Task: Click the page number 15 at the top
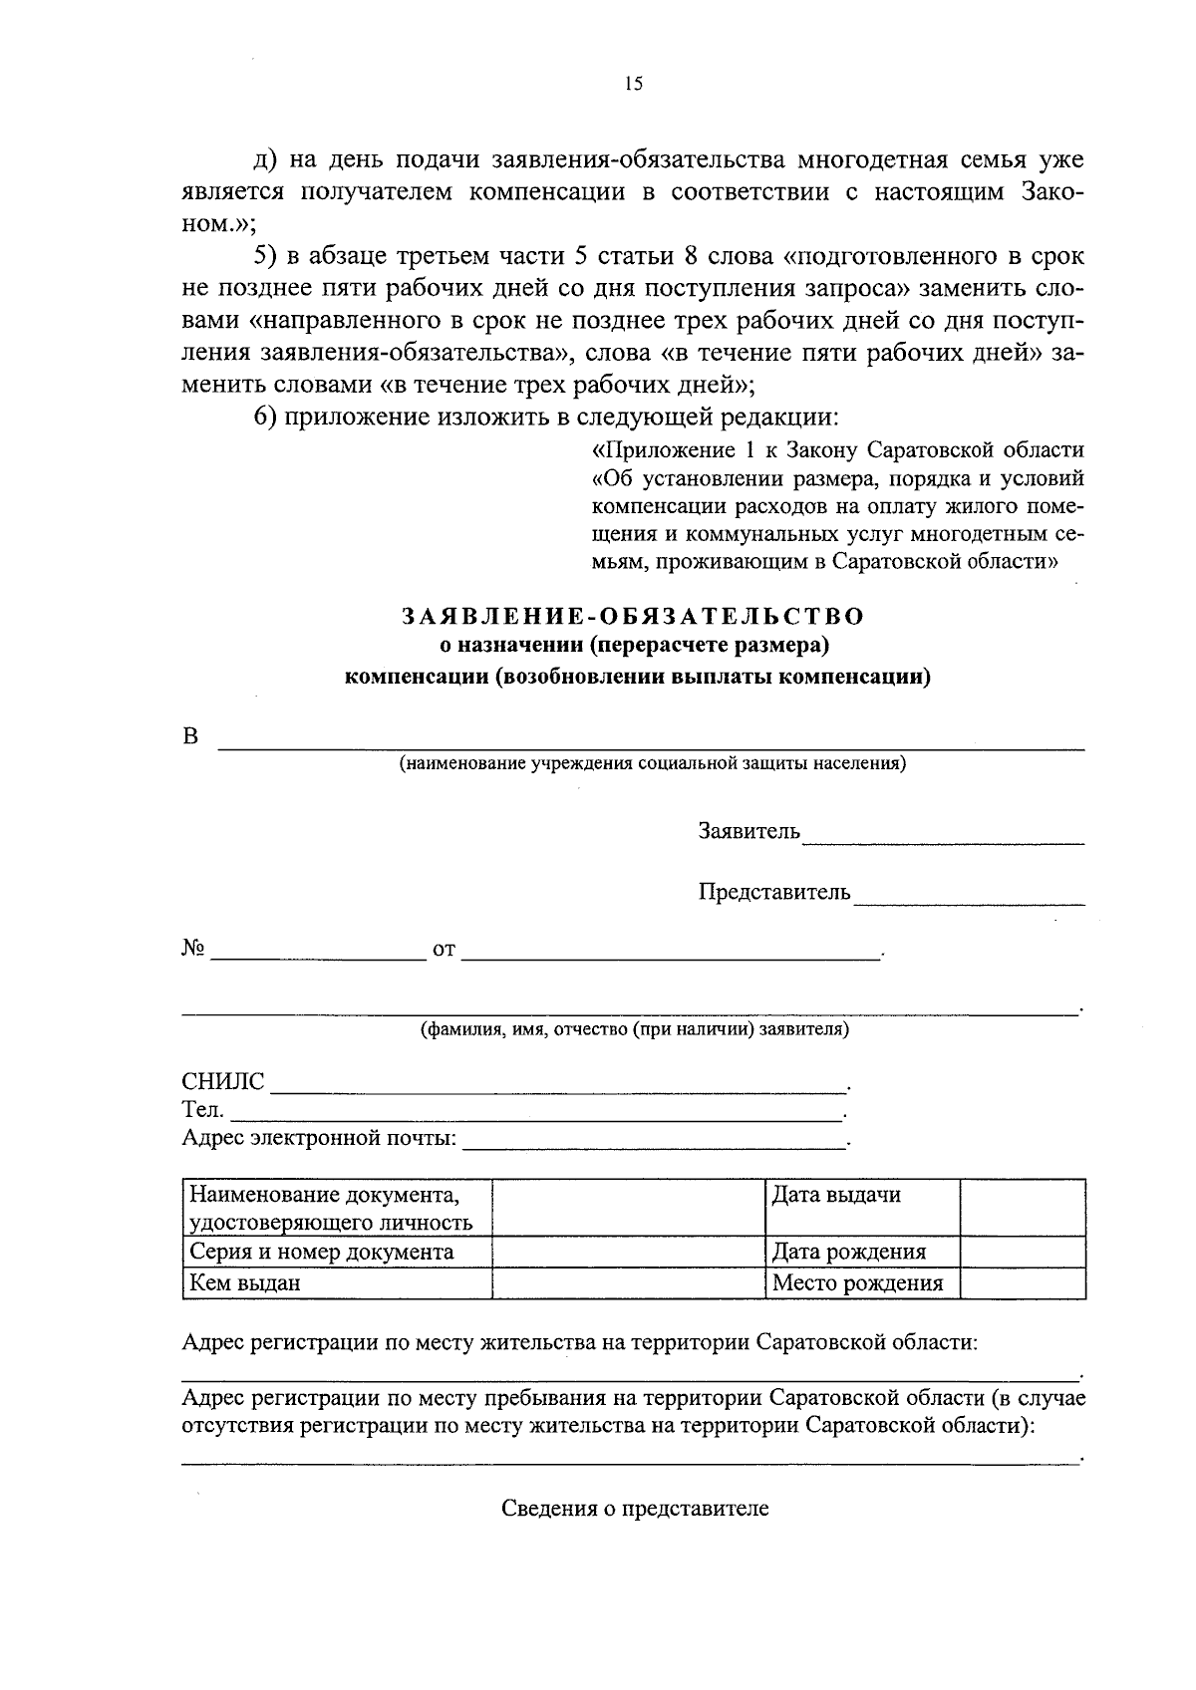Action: (x=634, y=85)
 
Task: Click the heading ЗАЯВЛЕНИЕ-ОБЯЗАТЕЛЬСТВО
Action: (x=634, y=616)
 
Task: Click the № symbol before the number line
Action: (x=193, y=950)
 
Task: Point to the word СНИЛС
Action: (x=223, y=1082)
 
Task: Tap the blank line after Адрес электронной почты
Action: (x=654, y=1142)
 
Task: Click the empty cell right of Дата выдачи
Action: (x=1023, y=1207)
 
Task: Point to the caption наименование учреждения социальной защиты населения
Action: (x=652, y=764)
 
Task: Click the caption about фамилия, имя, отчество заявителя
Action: (x=634, y=1029)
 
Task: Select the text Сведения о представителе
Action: (x=635, y=1509)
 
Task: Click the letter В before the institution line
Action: (x=190, y=737)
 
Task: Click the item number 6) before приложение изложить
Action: (x=265, y=417)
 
